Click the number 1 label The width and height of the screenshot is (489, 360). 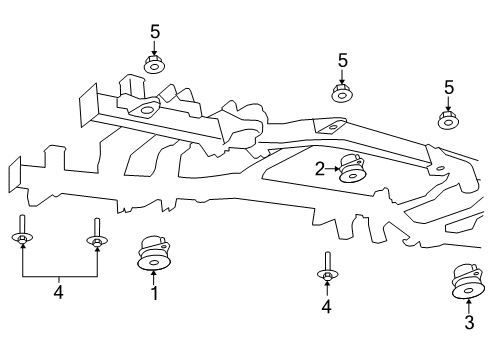pyautogui.click(x=154, y=294)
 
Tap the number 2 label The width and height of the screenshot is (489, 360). pyautogui.click(x=320, y=169)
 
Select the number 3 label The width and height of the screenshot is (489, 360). pyautogui.click(x=468, y=322)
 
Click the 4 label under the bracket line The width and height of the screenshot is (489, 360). pyautogui.click(x=58, y=292)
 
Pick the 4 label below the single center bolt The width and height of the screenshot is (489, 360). pyautogui.click(x=326, y=306)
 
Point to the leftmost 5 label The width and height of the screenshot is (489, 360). pyautogui.click(x=155, y=32)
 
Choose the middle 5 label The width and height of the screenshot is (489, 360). pyautogui.click(x=342, y=61)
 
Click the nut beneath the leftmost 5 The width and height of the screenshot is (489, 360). pyautogui.click(x=155, y=67)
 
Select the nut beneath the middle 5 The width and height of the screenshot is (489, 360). pyautogui.click(x=342, y=94)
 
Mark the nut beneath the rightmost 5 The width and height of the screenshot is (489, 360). pyautogui.click(x=448, y=120)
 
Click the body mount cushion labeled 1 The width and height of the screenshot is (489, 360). pyautogui.click(x=154, y=254)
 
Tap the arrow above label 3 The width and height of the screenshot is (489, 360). pyautogui.click(x=468, y=304)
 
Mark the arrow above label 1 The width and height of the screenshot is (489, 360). pyautogui.click(x=154, y=276)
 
